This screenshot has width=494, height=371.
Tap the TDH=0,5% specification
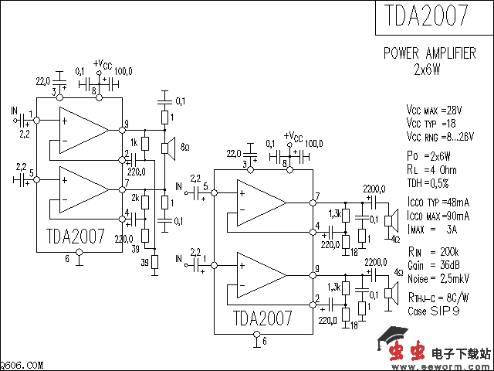point(428,182)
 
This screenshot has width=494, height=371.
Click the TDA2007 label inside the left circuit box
point(76,235)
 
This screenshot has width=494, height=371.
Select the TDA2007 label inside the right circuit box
point(262,318)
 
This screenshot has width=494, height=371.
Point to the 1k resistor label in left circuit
point(134,143)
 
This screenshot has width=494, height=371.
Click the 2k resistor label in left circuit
point(134,199)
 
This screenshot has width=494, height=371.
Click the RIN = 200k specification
point(432,252)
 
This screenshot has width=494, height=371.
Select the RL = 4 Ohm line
point(431,170)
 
